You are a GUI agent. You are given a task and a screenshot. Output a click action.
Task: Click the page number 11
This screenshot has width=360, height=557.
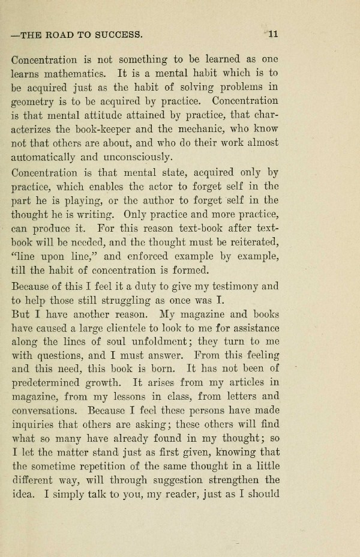tap(273, 34)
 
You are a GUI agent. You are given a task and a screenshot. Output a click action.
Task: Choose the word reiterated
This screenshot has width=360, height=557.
tap(250, 242)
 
